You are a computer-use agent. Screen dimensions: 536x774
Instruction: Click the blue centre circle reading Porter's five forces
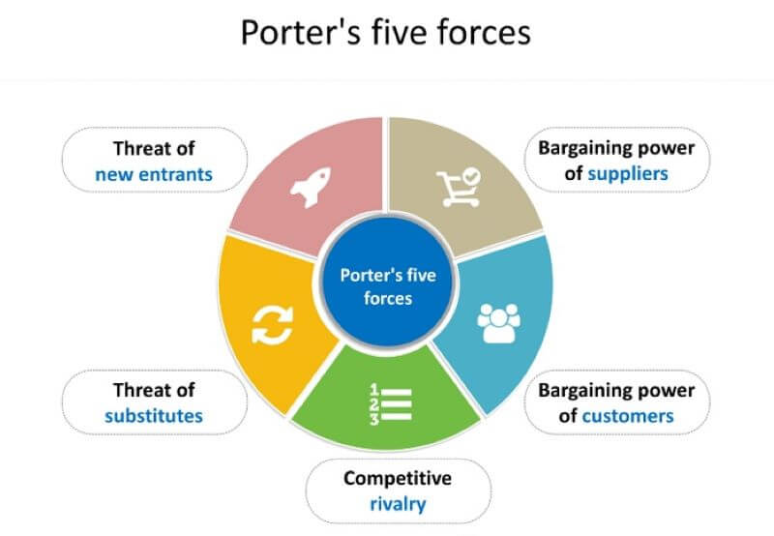[x=387, y=286]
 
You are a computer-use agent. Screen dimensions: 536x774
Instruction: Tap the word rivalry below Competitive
[x=398, y=504]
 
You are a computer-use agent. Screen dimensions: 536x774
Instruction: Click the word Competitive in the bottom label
[x=398, y=479]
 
